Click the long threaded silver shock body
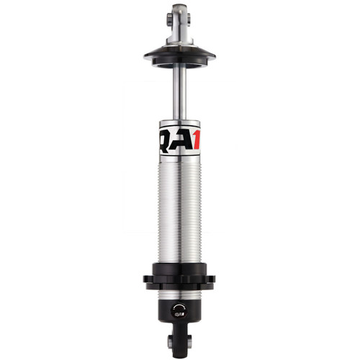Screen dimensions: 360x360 [179, 202]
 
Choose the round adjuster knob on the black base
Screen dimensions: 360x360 [179, 312]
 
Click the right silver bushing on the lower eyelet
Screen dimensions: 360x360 [191, 341]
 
